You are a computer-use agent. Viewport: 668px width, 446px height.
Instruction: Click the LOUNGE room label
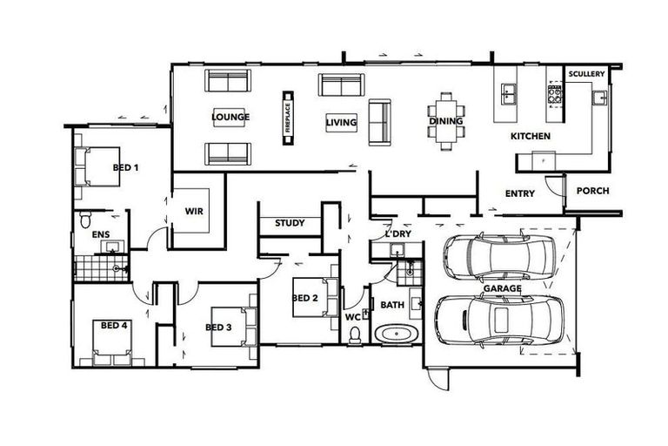coord(230,118)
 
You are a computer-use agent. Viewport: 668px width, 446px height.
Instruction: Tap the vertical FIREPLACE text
coord(287,117)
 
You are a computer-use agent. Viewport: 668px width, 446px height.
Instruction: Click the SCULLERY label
coord(586,75)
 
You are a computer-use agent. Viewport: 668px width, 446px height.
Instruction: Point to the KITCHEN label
coord(531,138)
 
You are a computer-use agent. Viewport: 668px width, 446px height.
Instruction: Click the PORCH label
coord(593,192)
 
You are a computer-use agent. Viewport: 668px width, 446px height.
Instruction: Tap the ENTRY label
coord(520,193)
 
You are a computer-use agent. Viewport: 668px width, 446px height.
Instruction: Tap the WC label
coord(352,317)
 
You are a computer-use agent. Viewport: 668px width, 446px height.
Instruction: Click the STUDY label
coord(290,224)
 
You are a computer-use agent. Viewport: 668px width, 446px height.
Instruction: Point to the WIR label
coord(194,211)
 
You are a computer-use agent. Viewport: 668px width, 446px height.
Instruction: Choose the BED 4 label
coord(114,326)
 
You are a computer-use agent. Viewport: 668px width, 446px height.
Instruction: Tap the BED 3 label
coord(218,328)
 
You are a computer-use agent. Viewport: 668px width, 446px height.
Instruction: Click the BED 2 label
coord(304,298)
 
